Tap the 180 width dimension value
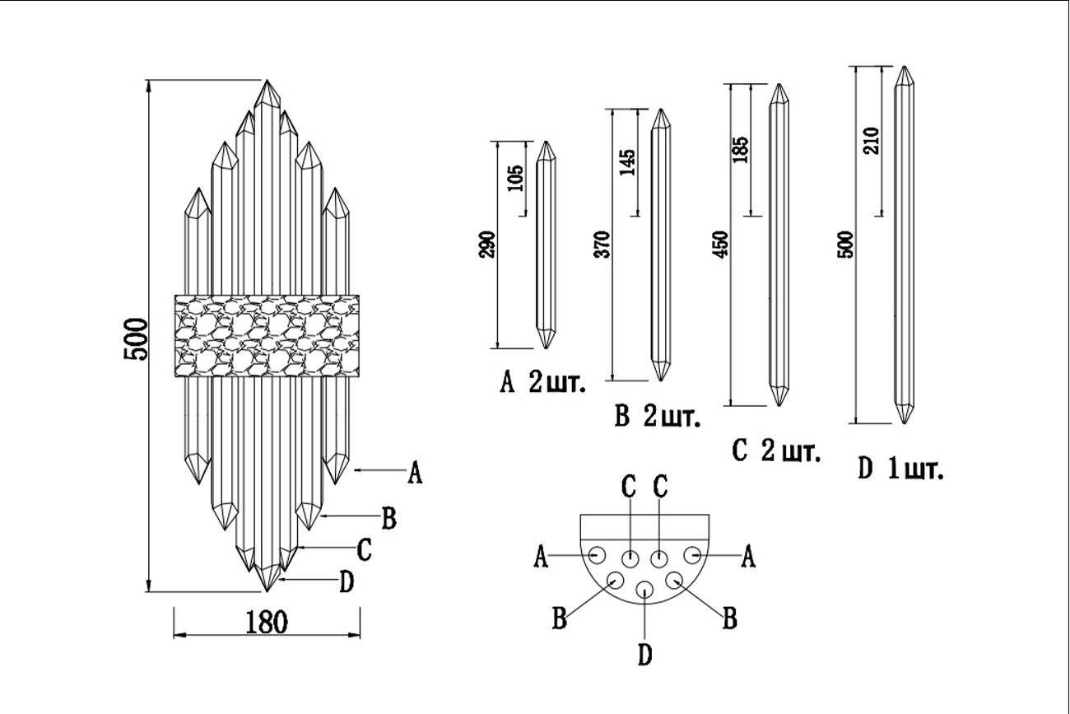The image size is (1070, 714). pos(267,622)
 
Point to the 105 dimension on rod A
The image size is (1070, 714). pos(515,177)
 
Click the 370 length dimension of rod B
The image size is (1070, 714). pos(603,245)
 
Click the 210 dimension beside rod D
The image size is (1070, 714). pos(873,140)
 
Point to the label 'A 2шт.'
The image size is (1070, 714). pos(543,383)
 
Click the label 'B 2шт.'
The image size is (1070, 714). pos(658,417)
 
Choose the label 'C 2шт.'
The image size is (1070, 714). pos(776,451)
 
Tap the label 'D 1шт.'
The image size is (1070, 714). pos(900,469)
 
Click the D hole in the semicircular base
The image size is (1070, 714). pos(644,590)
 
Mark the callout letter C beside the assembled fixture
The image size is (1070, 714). pos(364,548)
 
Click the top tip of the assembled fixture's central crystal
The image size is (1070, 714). pos(267,82)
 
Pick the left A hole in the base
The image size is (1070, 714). pos(598,553)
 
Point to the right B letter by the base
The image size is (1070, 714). pos(728,618)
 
